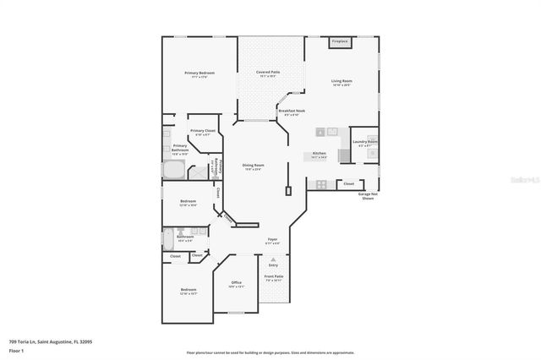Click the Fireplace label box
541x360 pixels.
[340, 41]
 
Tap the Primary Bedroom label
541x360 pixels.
[199, 74]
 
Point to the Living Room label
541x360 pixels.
[342, 81]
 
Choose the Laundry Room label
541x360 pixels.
[365, 142]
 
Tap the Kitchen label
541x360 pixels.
[319, 154]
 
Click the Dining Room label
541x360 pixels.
[253, 166]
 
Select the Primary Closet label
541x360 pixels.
[203, 131]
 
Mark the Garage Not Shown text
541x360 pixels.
[367, 196]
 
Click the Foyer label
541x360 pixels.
[272, 240]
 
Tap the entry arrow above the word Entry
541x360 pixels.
[272, 259]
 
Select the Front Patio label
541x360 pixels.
[273, 276]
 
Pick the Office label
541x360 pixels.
[236, 283]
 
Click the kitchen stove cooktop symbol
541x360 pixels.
[320, 184]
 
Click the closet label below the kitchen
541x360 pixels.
[348, 183]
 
